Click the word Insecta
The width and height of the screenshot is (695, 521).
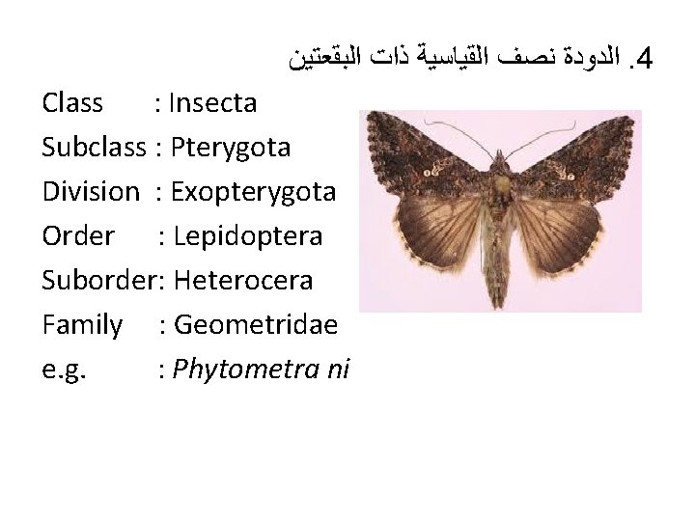213,102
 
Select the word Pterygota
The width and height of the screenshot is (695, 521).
230,147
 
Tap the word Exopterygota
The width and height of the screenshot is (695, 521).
253,191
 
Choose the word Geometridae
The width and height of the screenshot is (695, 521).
254,324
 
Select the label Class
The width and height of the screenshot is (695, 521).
72,102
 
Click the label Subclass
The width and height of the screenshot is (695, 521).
94,147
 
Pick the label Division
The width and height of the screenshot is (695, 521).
91,191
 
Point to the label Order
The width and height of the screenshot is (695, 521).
78,235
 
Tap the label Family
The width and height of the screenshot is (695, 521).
82,324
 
